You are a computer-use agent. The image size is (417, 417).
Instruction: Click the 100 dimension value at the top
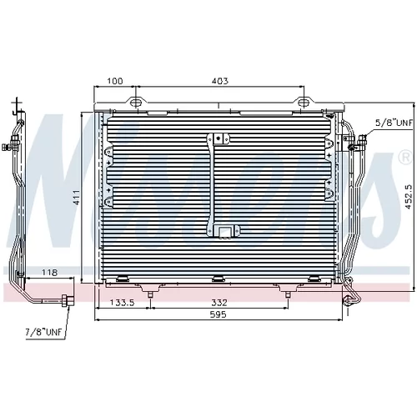115,81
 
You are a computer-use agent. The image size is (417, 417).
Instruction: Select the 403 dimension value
220,81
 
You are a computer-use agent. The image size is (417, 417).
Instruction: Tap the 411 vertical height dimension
77,197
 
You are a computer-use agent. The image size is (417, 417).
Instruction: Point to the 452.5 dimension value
408,197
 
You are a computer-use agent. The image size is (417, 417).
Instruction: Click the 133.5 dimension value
122,302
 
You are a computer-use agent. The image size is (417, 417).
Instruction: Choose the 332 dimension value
219,302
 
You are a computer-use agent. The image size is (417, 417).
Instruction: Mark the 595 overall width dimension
219,314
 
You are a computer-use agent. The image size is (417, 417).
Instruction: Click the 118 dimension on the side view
49,272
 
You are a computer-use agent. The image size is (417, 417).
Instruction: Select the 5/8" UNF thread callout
394,123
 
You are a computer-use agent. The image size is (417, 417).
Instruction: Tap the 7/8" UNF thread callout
43,332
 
